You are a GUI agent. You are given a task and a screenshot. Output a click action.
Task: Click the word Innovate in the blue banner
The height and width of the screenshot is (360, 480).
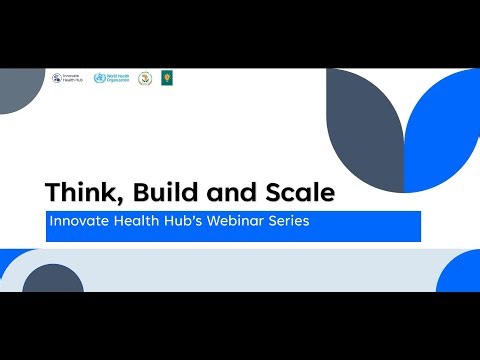[x=75, y=222]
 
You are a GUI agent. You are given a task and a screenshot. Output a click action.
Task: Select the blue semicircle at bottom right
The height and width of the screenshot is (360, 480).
[x=461, y=274]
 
